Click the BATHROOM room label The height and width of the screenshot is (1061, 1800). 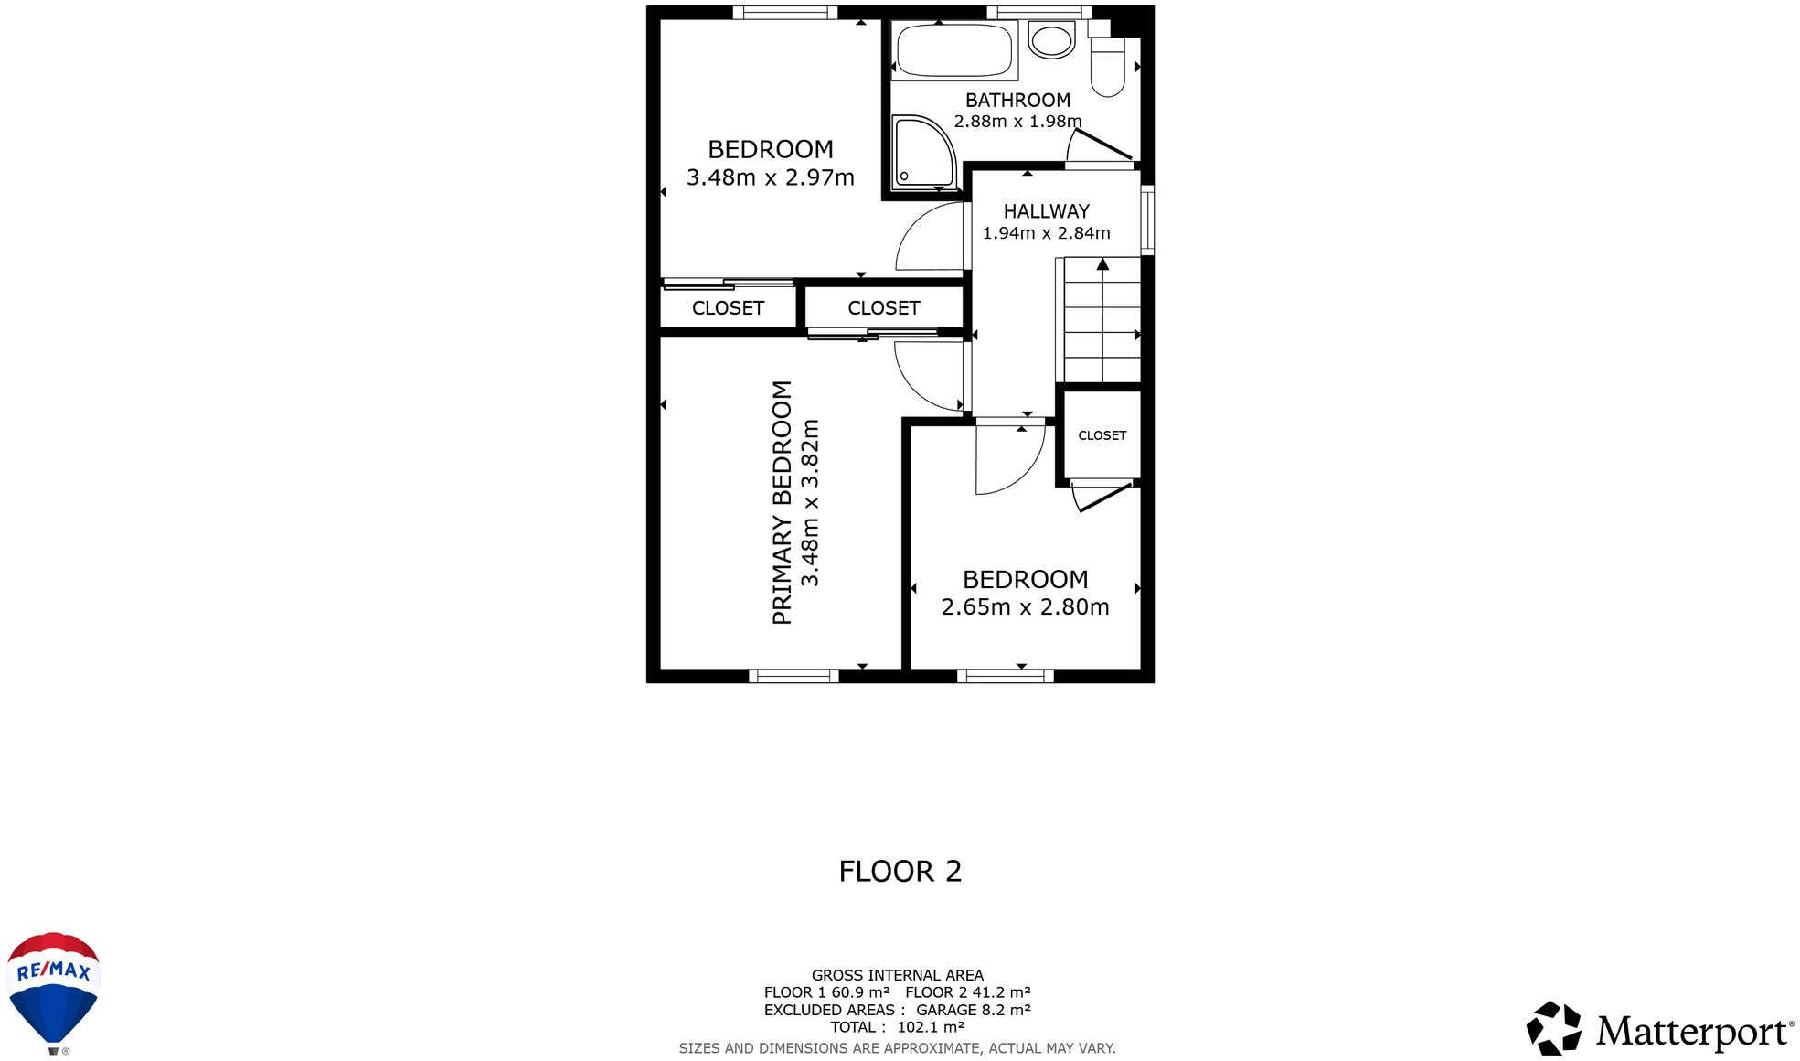point(1017,101)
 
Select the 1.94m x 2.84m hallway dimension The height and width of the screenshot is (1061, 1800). point(1046,233)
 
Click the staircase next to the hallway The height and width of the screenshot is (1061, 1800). point(1102,320)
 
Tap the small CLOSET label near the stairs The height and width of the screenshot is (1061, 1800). point(1102,435)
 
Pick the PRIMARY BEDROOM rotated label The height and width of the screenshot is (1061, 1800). point(782,502)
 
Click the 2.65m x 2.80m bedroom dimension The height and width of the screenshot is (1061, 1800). point(1025,607)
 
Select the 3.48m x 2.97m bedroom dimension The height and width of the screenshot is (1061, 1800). point(770,177)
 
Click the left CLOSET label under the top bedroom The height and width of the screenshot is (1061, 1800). point(728,308)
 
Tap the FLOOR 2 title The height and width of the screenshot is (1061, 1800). point(900,871)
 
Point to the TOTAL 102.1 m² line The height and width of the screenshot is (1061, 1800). point(897,1027)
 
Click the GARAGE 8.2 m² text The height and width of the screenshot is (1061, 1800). point(973,1010)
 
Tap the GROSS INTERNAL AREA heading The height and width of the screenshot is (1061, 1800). point(897,975)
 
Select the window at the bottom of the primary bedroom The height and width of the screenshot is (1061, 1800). point(793,676)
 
